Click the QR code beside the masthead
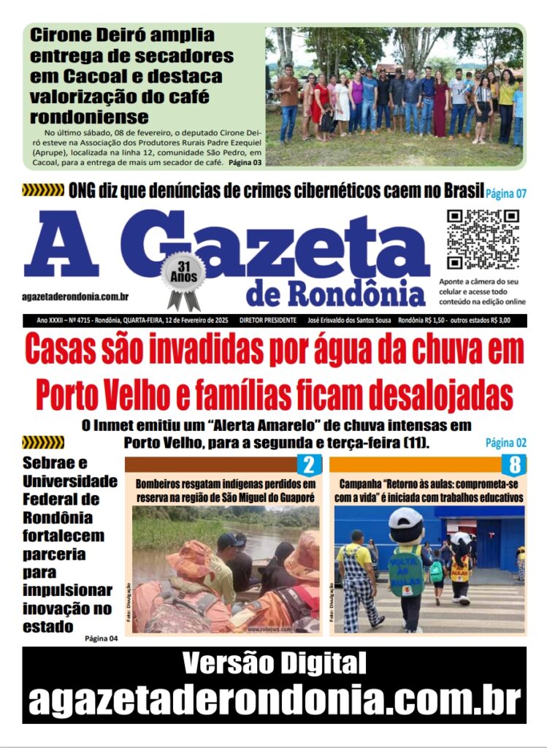click(x=483, y=240)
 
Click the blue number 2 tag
click(x=309, y=465)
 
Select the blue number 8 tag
click(x=514, y=465)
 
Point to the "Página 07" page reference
click(x=506, y=194)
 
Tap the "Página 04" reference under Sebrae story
click(x=101, y=638)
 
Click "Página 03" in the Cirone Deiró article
click(x=245, y=161)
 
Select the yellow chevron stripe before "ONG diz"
click(x=43, y=191)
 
